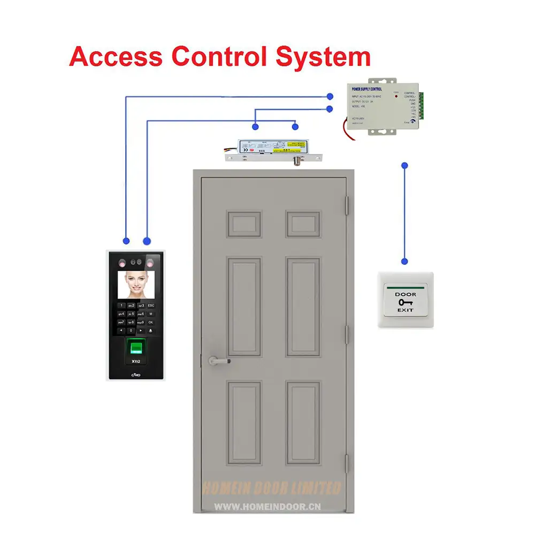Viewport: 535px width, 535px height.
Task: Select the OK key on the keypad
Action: [150, 322]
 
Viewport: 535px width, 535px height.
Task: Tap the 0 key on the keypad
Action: [131, 331]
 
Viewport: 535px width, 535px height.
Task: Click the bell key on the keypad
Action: [150, 331]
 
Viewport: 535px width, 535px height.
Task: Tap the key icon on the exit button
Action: [405, 302]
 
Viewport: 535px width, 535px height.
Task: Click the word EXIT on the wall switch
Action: [405, 310]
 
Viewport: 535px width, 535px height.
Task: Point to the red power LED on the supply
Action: [396, 97]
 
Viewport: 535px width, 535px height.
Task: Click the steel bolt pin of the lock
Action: [295, 162]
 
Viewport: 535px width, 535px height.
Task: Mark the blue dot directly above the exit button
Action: [404, 262]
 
